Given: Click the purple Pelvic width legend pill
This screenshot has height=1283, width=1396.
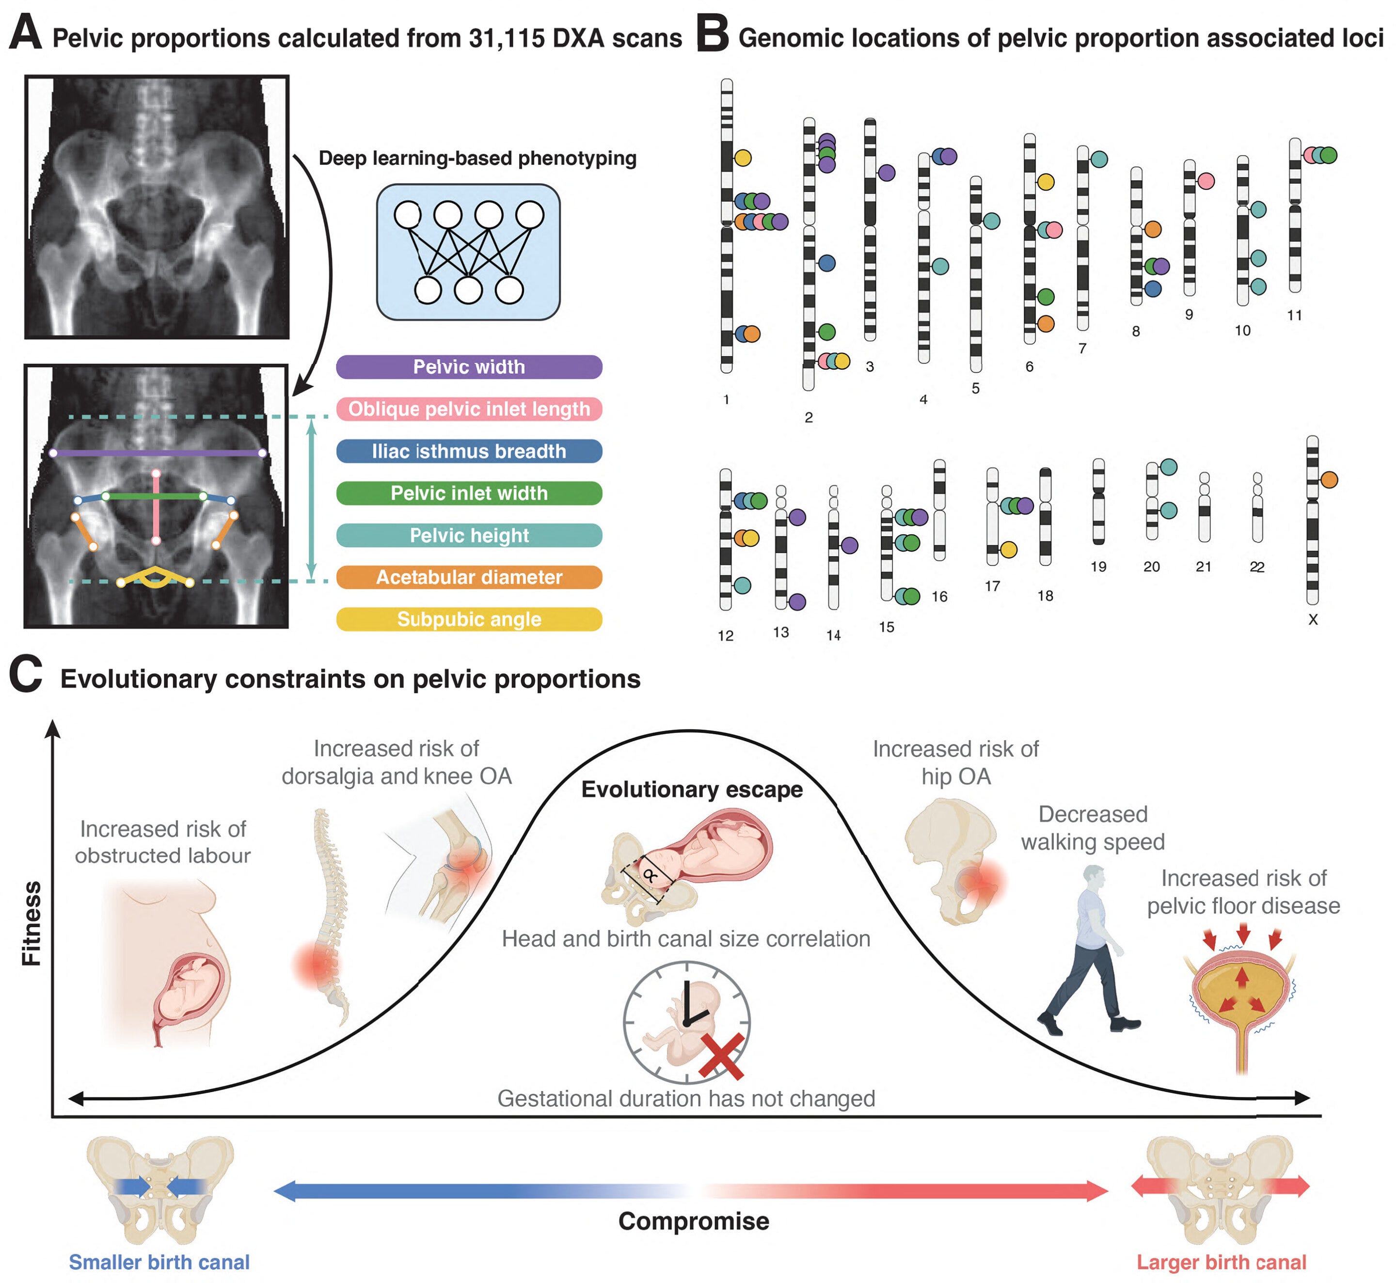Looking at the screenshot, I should [469, 366].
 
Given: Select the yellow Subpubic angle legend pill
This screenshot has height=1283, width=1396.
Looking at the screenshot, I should [469, 619].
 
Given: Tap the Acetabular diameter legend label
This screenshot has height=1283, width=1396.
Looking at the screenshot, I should [469, 577].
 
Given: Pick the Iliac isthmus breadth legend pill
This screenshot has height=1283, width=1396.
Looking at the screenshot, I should [469, 451].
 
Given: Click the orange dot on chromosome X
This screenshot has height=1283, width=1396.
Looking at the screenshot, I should [1329, 480].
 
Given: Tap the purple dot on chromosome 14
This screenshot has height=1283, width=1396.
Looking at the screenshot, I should [850, 546].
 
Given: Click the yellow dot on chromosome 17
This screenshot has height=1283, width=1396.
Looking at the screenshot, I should [1009, 550].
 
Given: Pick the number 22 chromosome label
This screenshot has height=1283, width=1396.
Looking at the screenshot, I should [1257, 567].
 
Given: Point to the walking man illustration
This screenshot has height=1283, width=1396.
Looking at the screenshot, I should [1090, 951].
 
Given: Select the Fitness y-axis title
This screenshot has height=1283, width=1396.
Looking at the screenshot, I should [32, 923].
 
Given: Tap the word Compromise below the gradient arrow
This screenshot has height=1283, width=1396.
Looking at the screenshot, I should [694, 1221].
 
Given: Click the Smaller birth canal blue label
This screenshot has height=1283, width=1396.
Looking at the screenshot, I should [159, 1262].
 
